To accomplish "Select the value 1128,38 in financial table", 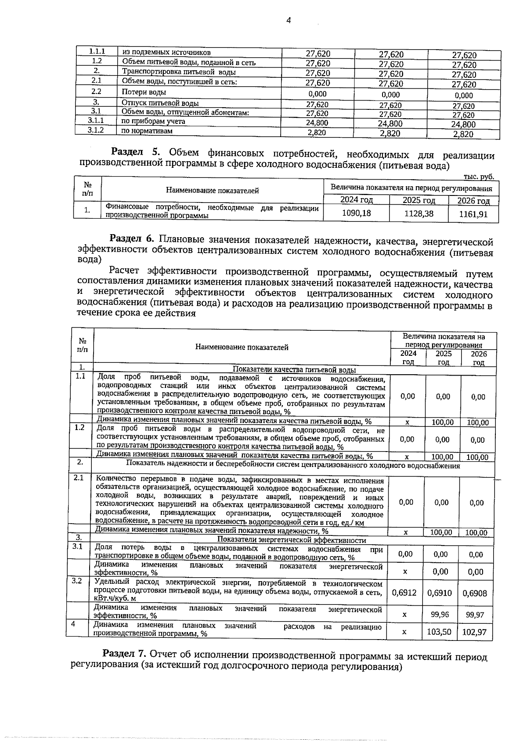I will (419, 214).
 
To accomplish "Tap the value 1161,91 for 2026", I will (473, 215).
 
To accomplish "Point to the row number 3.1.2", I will (95, 130).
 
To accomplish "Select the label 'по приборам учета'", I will (153, 121).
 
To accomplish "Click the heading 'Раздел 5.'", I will (137, 152).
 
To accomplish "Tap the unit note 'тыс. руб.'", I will (479, 177).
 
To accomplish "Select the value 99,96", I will (440, 615).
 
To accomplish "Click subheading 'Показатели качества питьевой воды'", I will (294, 370).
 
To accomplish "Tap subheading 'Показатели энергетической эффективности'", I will (292, 540).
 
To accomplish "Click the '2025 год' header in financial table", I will (419, 200).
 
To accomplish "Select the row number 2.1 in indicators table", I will (79, 477).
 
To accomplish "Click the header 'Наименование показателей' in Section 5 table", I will (212, 190).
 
